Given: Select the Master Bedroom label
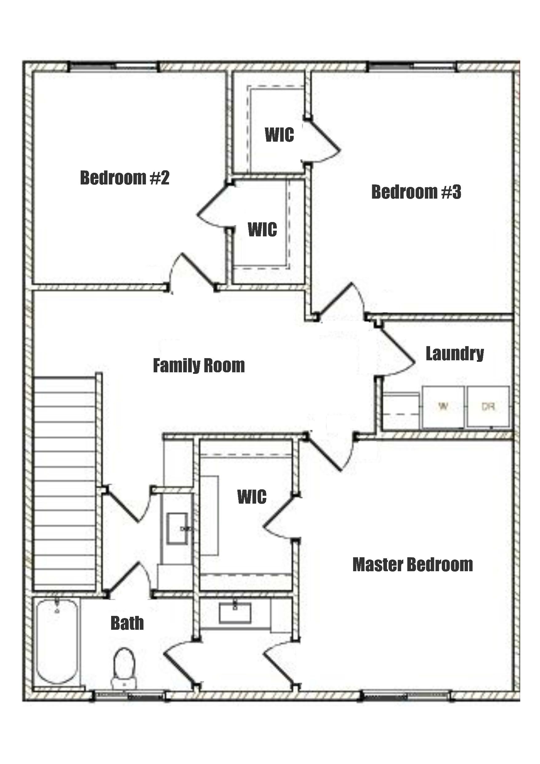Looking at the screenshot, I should click(413, 565).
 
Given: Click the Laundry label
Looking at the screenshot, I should click(454, 354).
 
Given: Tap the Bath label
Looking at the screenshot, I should click(127, 623).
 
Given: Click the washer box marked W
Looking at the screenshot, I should click(443, 406).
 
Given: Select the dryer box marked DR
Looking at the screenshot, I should click(488, 406).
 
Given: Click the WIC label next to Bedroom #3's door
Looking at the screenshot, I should click(279, 135).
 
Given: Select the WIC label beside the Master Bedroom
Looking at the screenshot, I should click(252, 497).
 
